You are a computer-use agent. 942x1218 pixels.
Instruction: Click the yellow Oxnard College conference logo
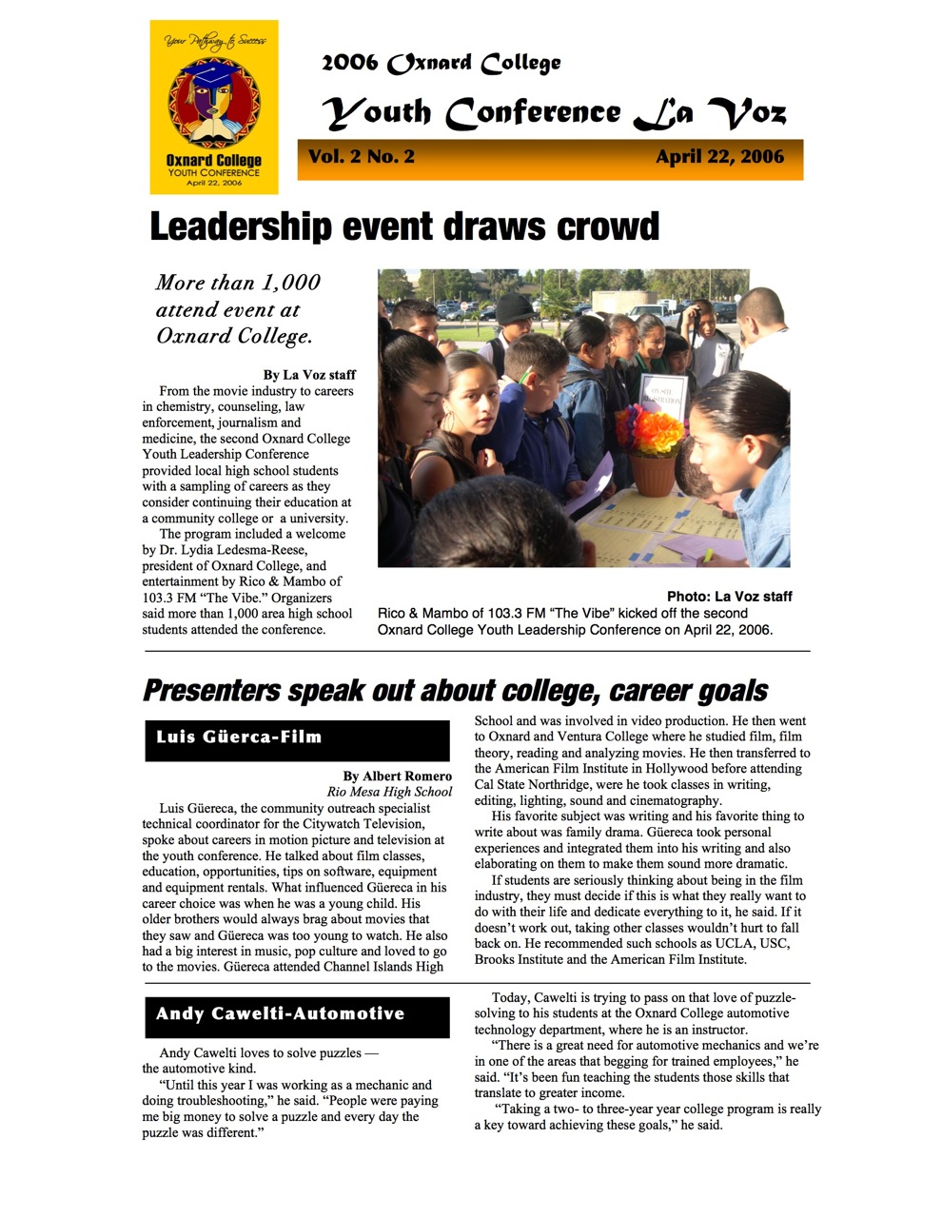click(214, 107)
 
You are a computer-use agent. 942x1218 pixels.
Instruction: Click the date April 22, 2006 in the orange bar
click(719, 157)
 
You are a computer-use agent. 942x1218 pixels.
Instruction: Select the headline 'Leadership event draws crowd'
click(404, 227)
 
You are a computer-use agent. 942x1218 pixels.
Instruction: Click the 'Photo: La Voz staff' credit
click(729, 597)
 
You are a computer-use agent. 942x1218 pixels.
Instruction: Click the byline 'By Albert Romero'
click(397, 776)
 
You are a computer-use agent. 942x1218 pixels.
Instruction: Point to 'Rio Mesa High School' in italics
click(389, 792)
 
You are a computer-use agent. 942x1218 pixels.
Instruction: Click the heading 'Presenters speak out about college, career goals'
click(455, 691)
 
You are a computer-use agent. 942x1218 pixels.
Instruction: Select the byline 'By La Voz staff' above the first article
click(309, 375)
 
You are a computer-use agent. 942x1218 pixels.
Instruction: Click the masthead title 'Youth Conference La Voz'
click(556, 113)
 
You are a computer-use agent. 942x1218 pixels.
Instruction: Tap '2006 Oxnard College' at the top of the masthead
click(441, 64)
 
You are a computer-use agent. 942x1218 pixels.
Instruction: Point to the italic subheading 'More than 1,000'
click(238, 283)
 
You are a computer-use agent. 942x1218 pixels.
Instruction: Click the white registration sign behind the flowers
click(662, 398)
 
